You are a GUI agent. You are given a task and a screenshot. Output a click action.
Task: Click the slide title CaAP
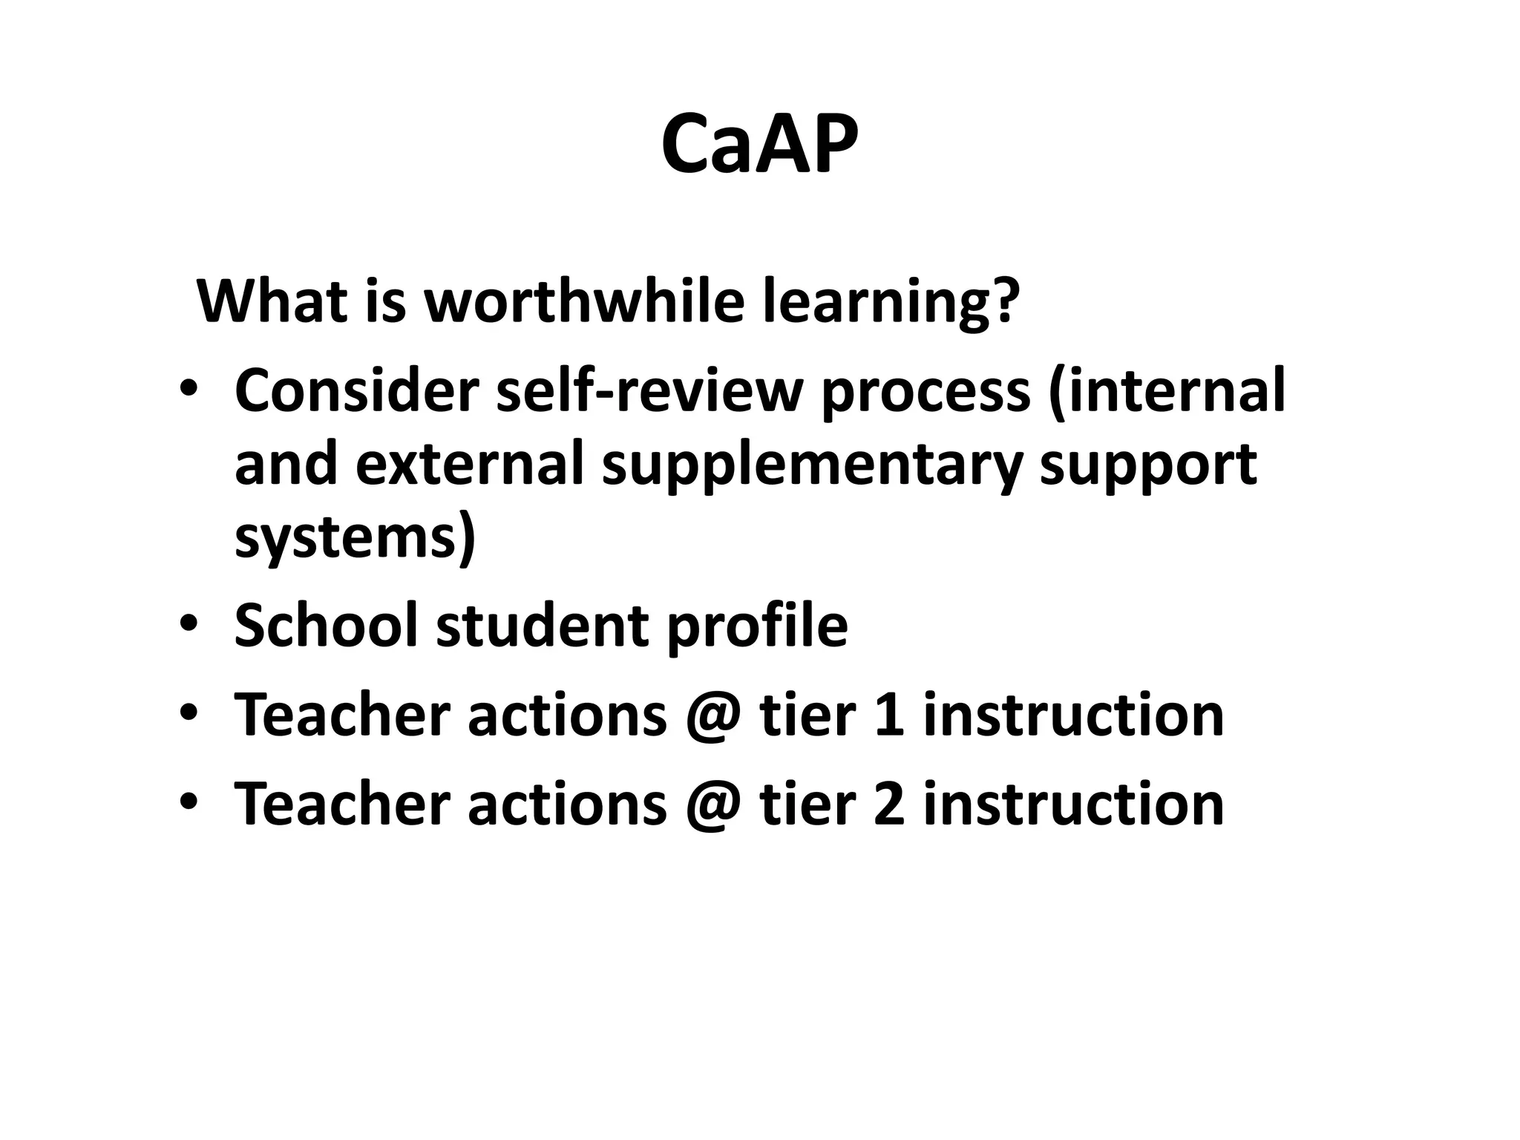coord(759,144)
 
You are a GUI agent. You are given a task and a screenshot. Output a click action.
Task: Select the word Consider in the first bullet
coord(357,391)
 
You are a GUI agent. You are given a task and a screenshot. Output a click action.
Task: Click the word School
coord(327,625)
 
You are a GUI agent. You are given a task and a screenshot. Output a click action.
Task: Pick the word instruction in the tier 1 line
coord(1073,715)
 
